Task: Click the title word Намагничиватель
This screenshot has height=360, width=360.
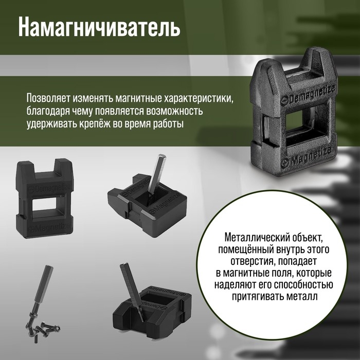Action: [99, 28]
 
